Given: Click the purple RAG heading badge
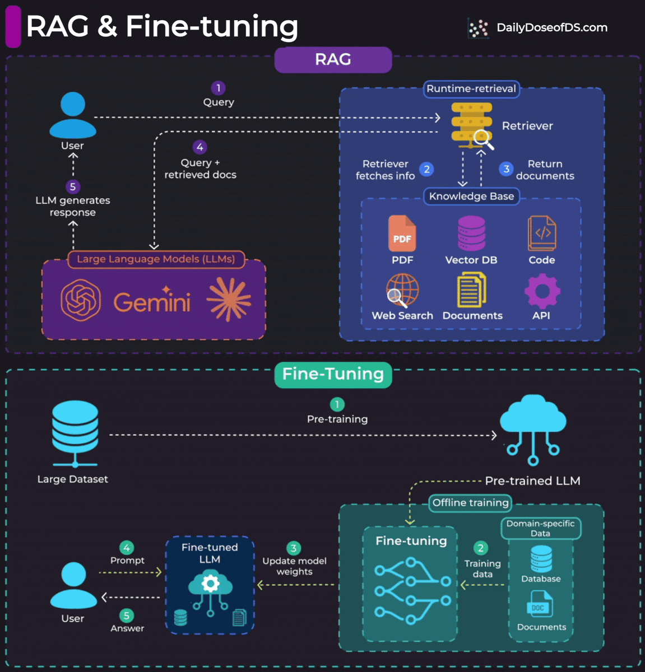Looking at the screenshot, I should click(x=333, y=59).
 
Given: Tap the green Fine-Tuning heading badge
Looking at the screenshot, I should click(x=333, y=374).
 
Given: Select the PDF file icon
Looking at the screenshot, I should click(x=402, y=234).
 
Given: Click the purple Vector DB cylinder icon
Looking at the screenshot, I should click(x=471, y=233).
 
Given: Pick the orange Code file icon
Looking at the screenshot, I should click(x=542, y=234).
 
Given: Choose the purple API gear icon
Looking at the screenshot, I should click(x=541, y=291).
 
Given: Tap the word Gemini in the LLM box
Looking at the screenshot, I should click(x=152, y=302).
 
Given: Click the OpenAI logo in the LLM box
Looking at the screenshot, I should click(x=81, y=300).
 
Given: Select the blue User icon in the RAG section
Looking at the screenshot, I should click(x=73, y=115).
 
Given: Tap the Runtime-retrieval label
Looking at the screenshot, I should click(x=471, y=88).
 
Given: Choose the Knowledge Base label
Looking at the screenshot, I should click(x=471, y=196).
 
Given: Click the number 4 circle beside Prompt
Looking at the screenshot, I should click(x=127, y=548).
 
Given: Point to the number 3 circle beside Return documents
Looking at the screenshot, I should click(x=506, y=169).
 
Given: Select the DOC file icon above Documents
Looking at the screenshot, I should click(x=539, y=606).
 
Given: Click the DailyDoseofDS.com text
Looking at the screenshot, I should click(x=551, y=27).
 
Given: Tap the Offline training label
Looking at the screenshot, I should click(x=470, y=502).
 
